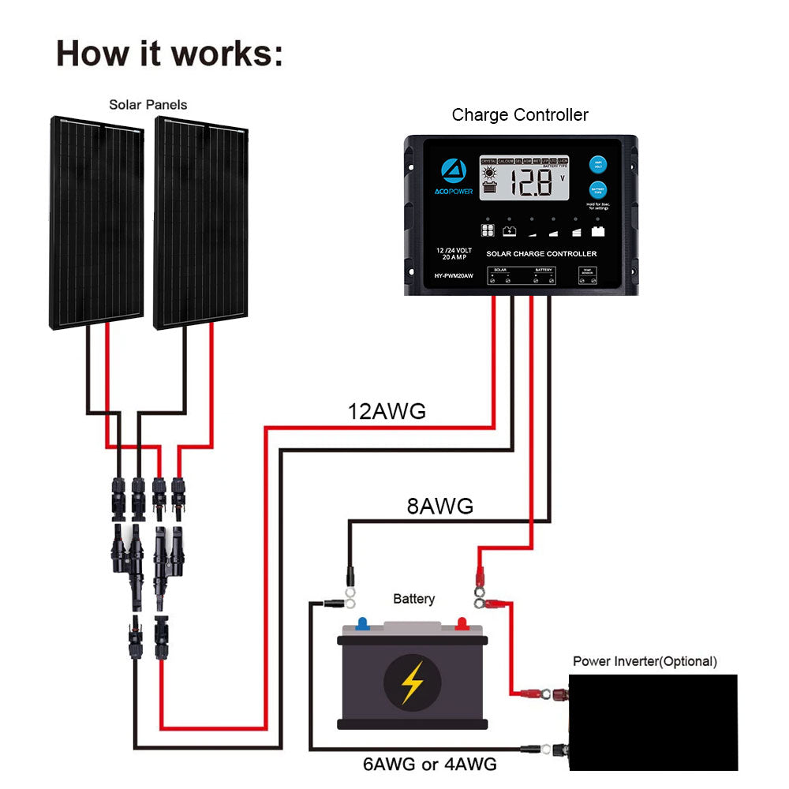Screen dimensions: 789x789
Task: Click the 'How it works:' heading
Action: [x=169, y=54]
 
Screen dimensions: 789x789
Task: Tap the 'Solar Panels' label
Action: [x=148, y=104]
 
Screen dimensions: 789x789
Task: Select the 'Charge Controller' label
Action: [x=519, y=115]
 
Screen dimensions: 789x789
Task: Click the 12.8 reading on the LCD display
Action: [x=530, y=183]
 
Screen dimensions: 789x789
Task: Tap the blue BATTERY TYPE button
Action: [x=597, y=191]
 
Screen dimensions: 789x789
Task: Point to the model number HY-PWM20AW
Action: [x=453, y=275]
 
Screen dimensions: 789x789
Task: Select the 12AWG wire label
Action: [x=387, y=411]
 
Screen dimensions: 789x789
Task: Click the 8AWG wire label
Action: [x=439, y=507]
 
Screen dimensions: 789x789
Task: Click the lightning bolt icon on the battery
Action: [x=412, y=681]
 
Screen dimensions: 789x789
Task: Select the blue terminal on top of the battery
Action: [x=362, y=623]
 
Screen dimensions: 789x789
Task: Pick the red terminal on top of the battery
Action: [x=462, y=623]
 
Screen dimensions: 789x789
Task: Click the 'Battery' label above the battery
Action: [x=413, y=599]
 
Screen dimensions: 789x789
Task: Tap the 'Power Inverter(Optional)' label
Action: [x=645, y=661]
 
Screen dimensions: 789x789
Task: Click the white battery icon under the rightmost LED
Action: [x=597, y=232]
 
